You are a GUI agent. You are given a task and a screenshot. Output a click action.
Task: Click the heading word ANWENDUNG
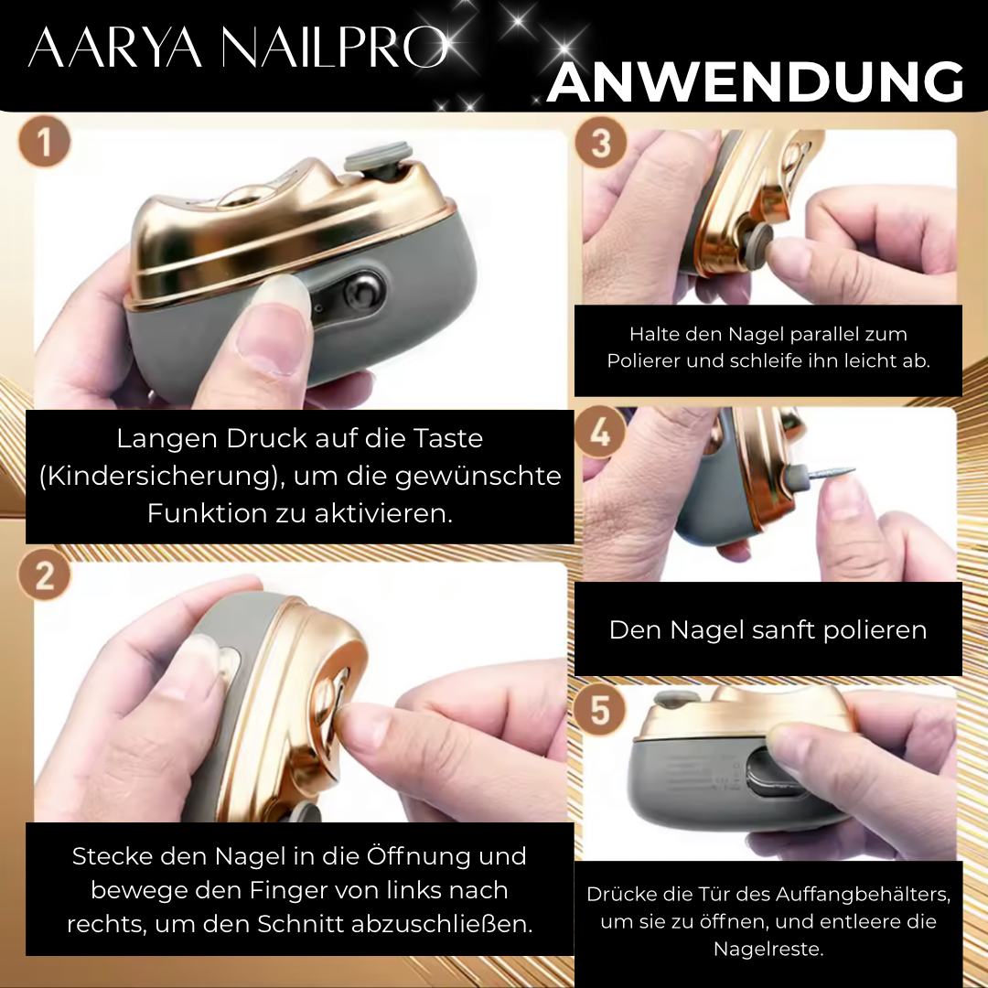point(755,81)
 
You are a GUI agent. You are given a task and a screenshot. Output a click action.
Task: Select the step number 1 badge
point(44,146)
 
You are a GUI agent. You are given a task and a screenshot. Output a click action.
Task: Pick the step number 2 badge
point(44,575)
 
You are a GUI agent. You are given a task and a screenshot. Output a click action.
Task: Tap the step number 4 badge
point(601,431)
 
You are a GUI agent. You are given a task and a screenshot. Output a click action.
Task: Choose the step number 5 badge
point(601,710)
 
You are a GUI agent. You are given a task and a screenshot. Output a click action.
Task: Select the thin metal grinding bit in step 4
point(829,473)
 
